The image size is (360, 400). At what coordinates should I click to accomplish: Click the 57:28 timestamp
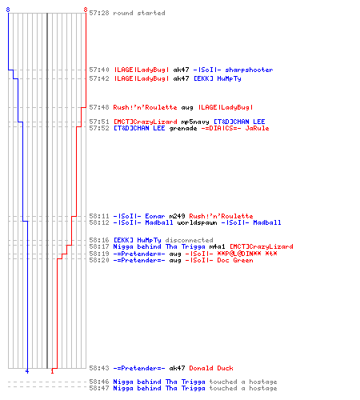click(99, 13)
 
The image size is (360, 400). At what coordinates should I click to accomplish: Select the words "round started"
click(139, 13)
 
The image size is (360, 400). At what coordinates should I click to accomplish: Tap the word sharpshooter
click(249, 70)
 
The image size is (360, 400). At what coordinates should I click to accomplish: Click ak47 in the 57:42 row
click(181, 78)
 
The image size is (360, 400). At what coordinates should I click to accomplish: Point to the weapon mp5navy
click(195, 122)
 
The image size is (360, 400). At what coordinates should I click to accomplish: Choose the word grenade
click(183, 128)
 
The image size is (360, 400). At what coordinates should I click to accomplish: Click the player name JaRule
click(257, 128)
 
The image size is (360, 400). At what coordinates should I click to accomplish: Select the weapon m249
click(177, 216)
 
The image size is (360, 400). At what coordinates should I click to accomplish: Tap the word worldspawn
click(197, 222)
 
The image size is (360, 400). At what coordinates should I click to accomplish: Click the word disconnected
click(189, 240)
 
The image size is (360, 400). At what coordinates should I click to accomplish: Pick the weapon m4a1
click(217, 246)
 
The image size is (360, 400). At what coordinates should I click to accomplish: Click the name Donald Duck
click(211, 368)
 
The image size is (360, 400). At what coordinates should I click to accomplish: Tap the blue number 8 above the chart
click(8, 10)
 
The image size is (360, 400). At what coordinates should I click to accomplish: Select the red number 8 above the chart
click(86, 10)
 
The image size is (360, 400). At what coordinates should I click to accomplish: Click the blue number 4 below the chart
click(27, 371)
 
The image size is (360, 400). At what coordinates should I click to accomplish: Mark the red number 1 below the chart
click(52, 371)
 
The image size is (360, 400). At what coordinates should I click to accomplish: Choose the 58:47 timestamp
click(99, 388)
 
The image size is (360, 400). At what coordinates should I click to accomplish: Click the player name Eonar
click(155, 216)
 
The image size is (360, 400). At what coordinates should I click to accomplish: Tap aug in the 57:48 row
click(187, 107)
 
